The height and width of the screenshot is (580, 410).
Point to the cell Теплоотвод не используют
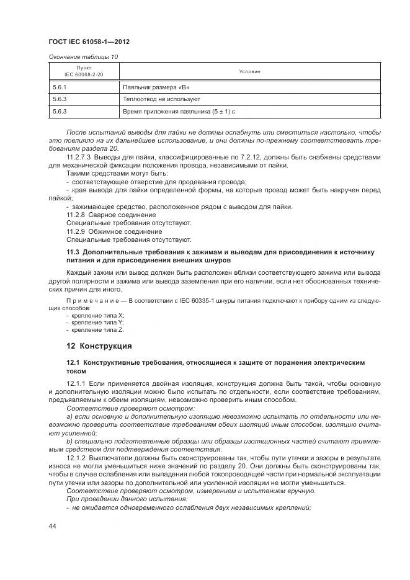coord(161,99)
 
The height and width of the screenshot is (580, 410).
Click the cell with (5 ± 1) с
coord(218,112)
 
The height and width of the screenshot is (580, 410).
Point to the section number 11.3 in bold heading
coord(73,251)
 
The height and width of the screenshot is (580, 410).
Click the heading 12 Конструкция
coord(99,346)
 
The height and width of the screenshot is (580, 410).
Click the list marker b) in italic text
coord(69,442)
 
